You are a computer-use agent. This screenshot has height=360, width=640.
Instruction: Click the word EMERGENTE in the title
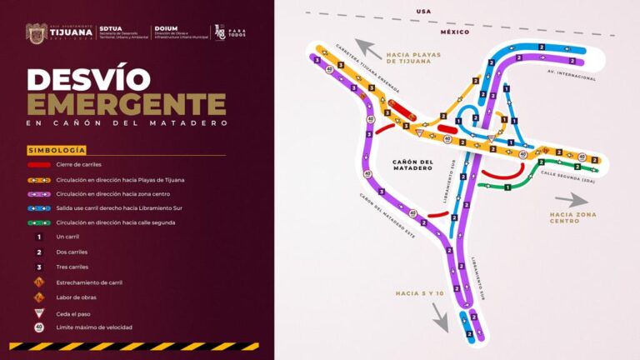click(126, 104)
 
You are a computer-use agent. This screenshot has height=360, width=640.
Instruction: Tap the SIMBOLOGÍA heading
click(56, 150)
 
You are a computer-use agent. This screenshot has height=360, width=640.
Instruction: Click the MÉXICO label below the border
click(455, 32)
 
